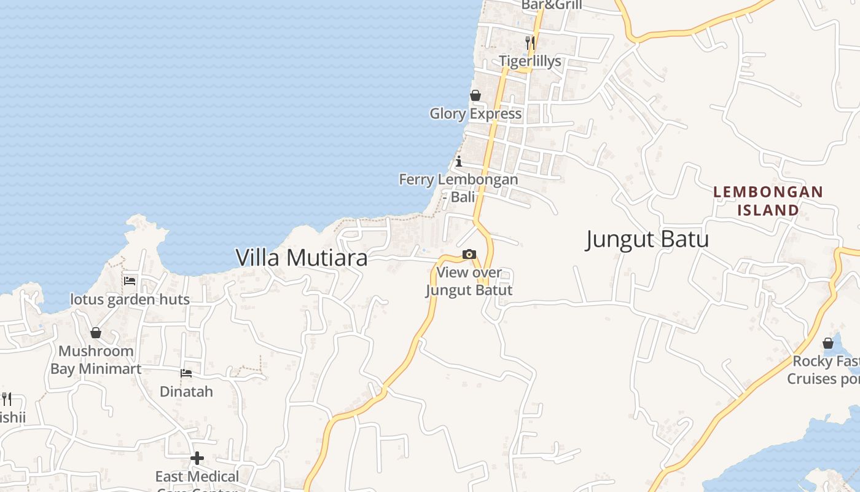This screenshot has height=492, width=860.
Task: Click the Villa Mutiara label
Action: click(x=302, y=258)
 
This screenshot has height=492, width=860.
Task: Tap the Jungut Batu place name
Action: click(x=647, y=239)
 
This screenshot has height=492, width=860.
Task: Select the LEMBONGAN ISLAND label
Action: click(x=768, y=200)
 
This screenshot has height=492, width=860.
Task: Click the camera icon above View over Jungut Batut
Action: click(x=469, y=254)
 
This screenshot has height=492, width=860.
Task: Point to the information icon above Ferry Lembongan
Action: click(x=459, y=162)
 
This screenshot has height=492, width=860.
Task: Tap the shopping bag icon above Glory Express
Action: click(x=475, y=95)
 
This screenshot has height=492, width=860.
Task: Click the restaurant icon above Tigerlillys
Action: click(x=530, y=42)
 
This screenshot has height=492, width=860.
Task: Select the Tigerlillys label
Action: click(x=530, y=61)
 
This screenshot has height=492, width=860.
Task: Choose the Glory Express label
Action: click(x=475, y=113)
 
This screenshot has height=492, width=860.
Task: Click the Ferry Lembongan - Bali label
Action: click(x=458, y=188)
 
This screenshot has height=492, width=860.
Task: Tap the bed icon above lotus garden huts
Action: click(x=130, y=281)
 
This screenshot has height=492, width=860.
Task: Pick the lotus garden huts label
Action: click(x=130, y=300)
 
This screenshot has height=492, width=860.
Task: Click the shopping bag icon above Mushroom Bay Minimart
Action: click(x=96, y=333)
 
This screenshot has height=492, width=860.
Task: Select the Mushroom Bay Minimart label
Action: click(x=96, y=360)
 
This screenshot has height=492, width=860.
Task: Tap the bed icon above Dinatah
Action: click(x=186, y=373)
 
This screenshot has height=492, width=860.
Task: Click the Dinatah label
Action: click(x=186, y=391)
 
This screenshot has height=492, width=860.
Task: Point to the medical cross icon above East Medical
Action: click(x=197, y=458)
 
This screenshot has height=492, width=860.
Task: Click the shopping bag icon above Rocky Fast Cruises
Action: click(x=828, y=343)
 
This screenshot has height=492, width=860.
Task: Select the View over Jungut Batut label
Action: click(x=469, y=281)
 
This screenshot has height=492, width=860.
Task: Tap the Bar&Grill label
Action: click(x=551, y=6)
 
